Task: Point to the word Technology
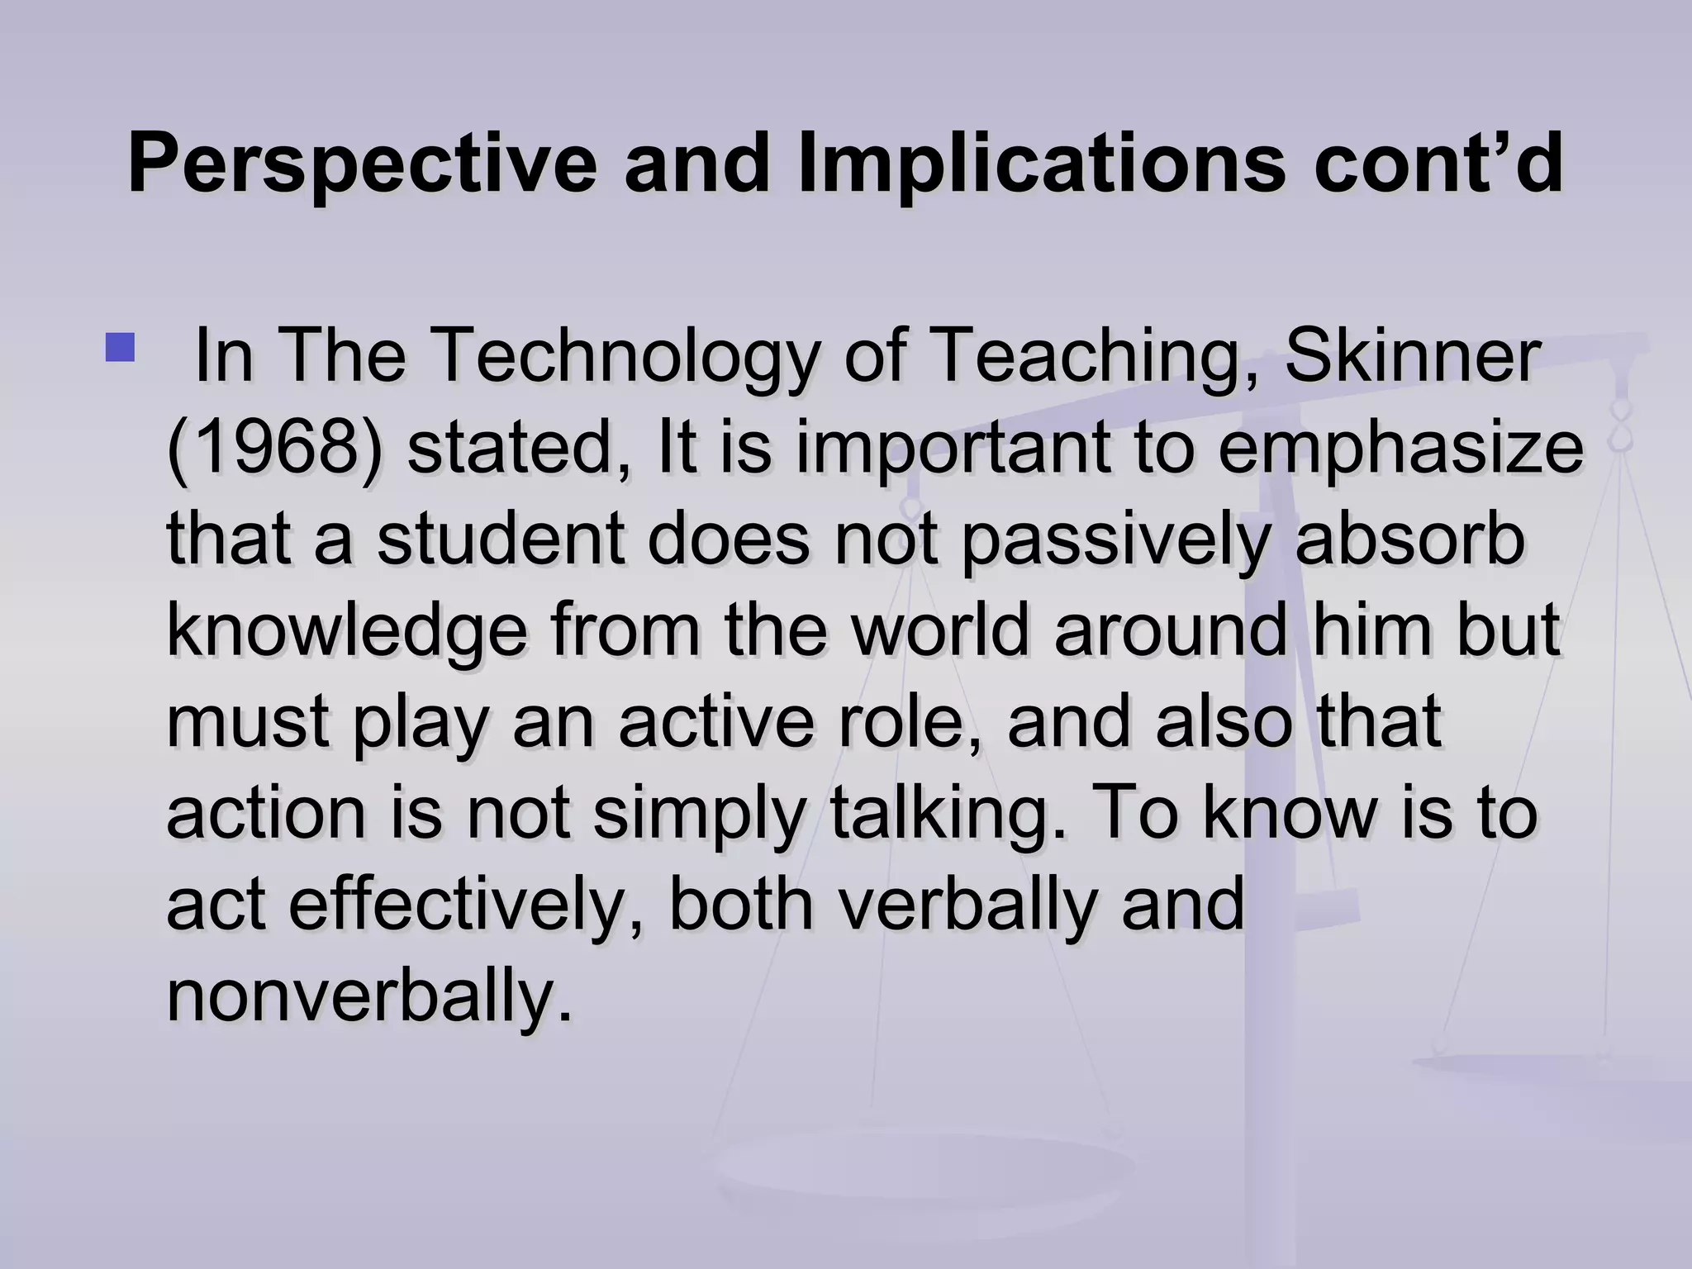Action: pyautogui.click(x=623, y=357)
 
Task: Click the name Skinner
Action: pyautogui.click(x=1412, y=357)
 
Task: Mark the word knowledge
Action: pyautogui.click(x=346, y=631)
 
